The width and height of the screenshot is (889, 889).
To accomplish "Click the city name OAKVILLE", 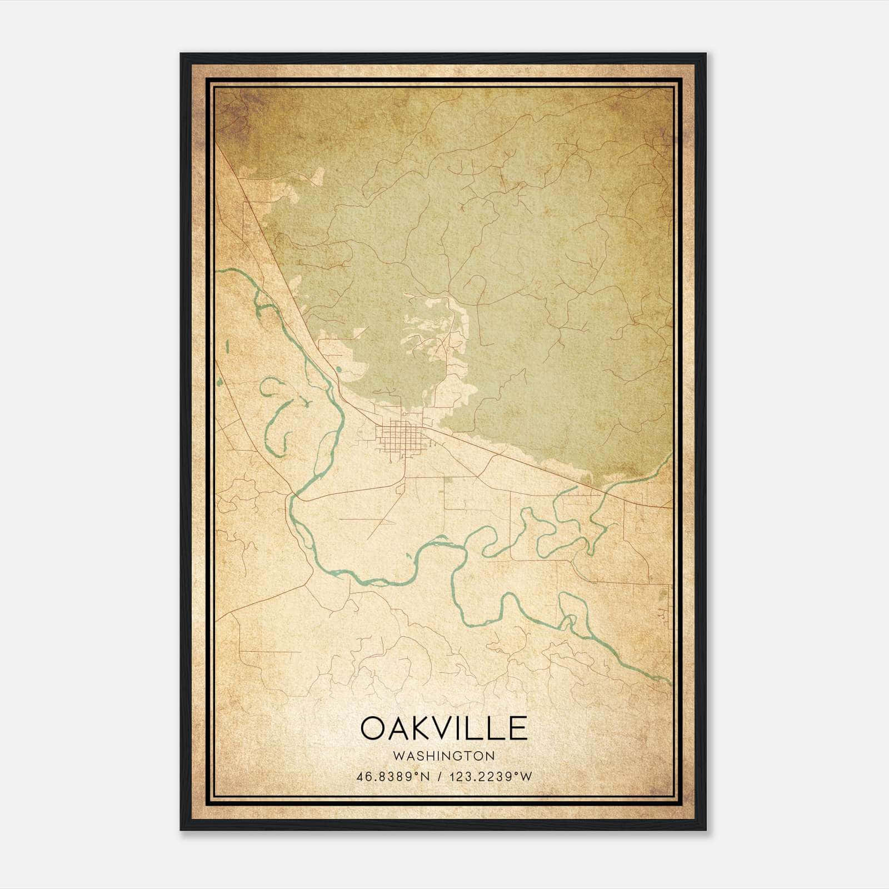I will click(444, 728).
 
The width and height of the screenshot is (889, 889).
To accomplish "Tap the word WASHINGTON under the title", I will click(444, 756).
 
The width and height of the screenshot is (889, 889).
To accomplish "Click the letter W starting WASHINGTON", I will click(397, 756).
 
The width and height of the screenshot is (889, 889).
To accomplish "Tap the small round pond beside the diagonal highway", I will click(337, 368).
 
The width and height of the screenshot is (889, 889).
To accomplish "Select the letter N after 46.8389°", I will click(426, 777).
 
